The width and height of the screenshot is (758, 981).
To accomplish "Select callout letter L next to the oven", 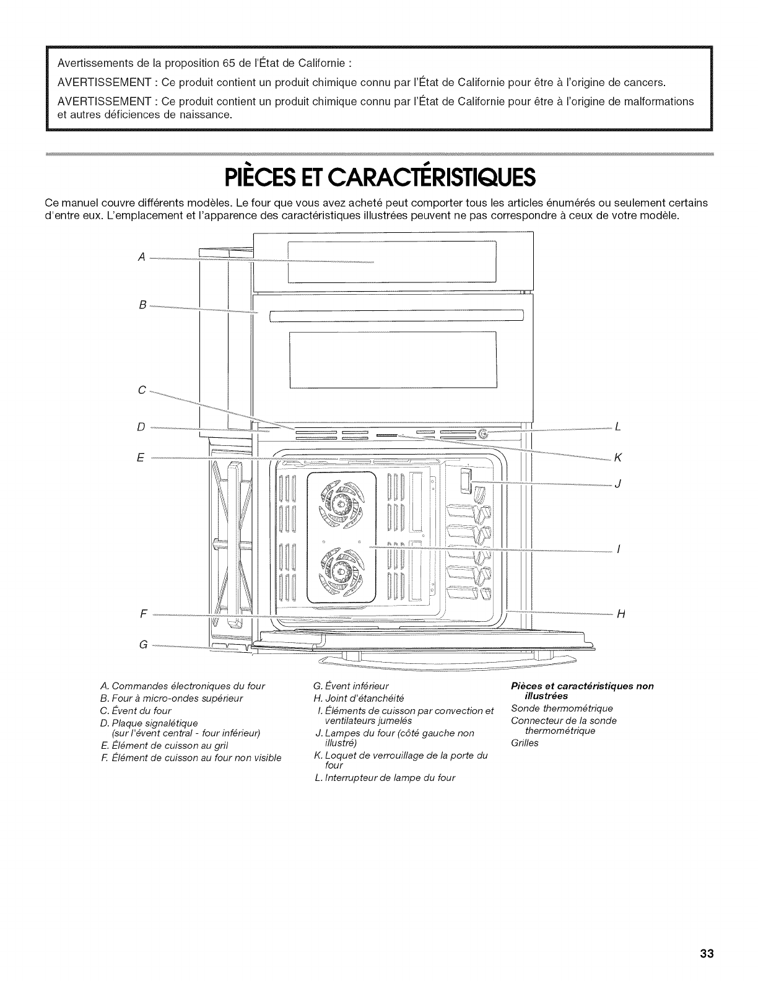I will pos(617,427).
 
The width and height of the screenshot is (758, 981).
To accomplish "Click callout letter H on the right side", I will pos(621,614).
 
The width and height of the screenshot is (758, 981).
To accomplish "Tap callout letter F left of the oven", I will pos(143,614).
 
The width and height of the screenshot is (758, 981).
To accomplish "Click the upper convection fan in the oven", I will pos(341,502).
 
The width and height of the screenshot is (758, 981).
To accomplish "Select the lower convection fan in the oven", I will pos(341,568).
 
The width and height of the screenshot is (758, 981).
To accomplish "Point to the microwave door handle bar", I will pos(397,316).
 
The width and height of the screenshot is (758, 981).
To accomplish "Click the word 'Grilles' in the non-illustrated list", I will pos(525,743).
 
